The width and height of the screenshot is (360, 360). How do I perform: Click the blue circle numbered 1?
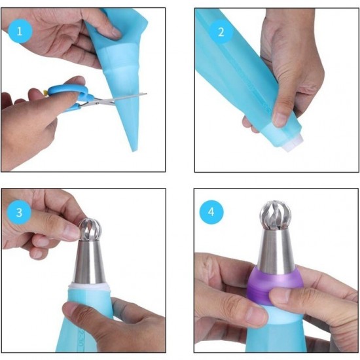pos(20,31)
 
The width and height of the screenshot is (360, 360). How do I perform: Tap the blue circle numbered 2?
pos(221,32)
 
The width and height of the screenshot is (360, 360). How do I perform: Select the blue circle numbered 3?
pos(19,212)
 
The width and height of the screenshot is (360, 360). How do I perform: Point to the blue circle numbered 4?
pos(211,212)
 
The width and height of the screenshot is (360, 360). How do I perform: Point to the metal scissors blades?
pos(115,99)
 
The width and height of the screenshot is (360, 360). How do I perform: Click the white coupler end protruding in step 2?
pos(293,144)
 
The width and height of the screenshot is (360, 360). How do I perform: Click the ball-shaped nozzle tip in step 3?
pos(90,229)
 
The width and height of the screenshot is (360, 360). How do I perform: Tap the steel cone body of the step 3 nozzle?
pos(88,262)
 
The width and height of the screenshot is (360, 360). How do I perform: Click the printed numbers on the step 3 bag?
pos(80,338)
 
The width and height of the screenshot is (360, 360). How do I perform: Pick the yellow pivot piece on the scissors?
pos(46,92)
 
